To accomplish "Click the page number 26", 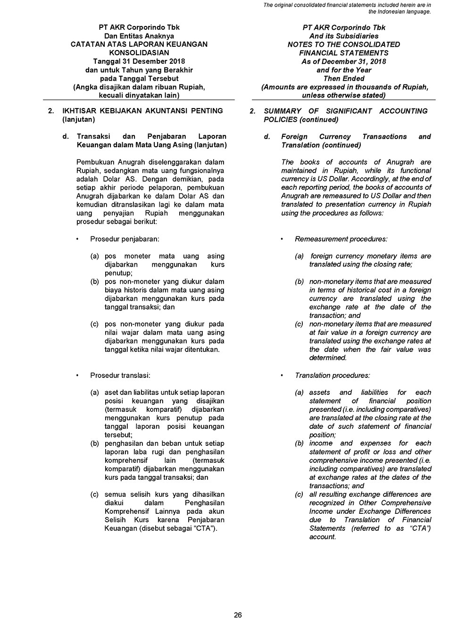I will pyautogui.click(x=238, y=615).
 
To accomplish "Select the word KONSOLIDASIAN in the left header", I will pyautogui.click(x=139, y=53).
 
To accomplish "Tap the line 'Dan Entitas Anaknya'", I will pyautogui.click(x=139, y=36).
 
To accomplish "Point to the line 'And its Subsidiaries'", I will pyautogui.click(x=344, y=36).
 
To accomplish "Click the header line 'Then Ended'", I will pyautogui.click(x=344, y=78).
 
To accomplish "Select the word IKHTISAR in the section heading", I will pyautogui.click(x=79, y=111).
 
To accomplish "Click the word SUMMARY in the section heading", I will pyautogui.click(x=283, y=111).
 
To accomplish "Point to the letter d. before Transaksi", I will pyautogui.click(x=66, y=136).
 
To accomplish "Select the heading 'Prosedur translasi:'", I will pyautogui.click(x=120, y=376).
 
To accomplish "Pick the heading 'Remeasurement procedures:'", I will pyautogui.click(x=341, y=239).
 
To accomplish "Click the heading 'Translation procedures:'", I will pyautogui.click(x=332, y=376).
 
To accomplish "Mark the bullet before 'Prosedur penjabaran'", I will pyautogui.click(x=77, y=239).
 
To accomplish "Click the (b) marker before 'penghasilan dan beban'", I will pyautogui.click(x=95, y=443).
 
